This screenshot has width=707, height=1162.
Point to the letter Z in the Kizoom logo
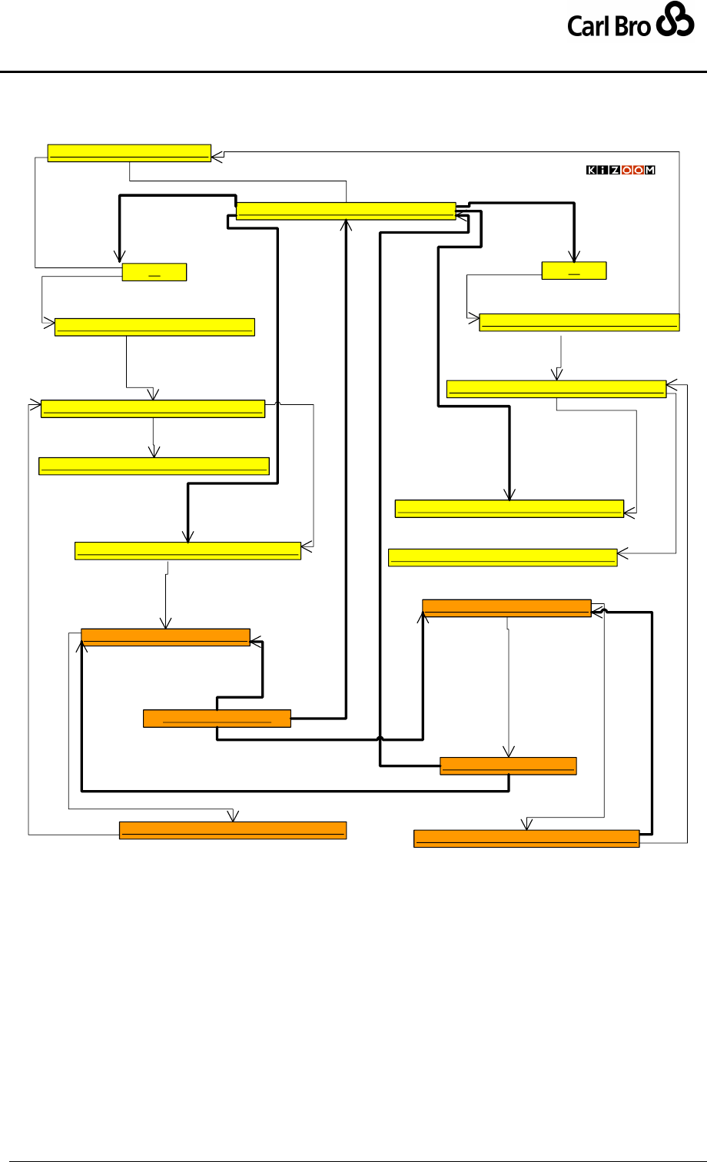pos(616,171)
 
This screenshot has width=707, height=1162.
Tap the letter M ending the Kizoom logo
pos(649,171)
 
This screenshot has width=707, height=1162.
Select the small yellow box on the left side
pos(154,272)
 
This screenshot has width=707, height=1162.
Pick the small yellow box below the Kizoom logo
pos(574,271)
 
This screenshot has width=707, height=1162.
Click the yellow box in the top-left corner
pos(129,152)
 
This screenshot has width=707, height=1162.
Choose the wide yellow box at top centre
pos(346,211)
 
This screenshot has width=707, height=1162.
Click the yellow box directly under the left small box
pos(154,327)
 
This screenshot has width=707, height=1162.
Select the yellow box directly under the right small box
pos(579,322)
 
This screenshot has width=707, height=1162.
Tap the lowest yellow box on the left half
pos(188,551)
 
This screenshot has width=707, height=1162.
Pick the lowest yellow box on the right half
pos(503,558)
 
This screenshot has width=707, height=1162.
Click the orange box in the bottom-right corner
pos(526,838)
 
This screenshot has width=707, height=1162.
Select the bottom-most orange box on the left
pos(233,830)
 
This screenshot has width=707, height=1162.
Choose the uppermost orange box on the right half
pos(506,607)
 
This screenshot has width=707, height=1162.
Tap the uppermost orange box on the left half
pos(165,636)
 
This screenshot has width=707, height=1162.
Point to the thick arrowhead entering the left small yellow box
pos(119,259)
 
